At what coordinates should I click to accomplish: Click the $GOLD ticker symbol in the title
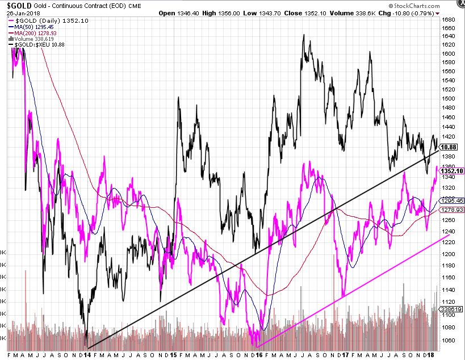19,5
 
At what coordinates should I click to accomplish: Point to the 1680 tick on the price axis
450,19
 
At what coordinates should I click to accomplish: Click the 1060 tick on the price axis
450,341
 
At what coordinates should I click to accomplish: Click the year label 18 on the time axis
433,355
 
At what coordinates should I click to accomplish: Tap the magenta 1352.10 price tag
453,170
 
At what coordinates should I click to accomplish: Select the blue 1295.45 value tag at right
453,200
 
